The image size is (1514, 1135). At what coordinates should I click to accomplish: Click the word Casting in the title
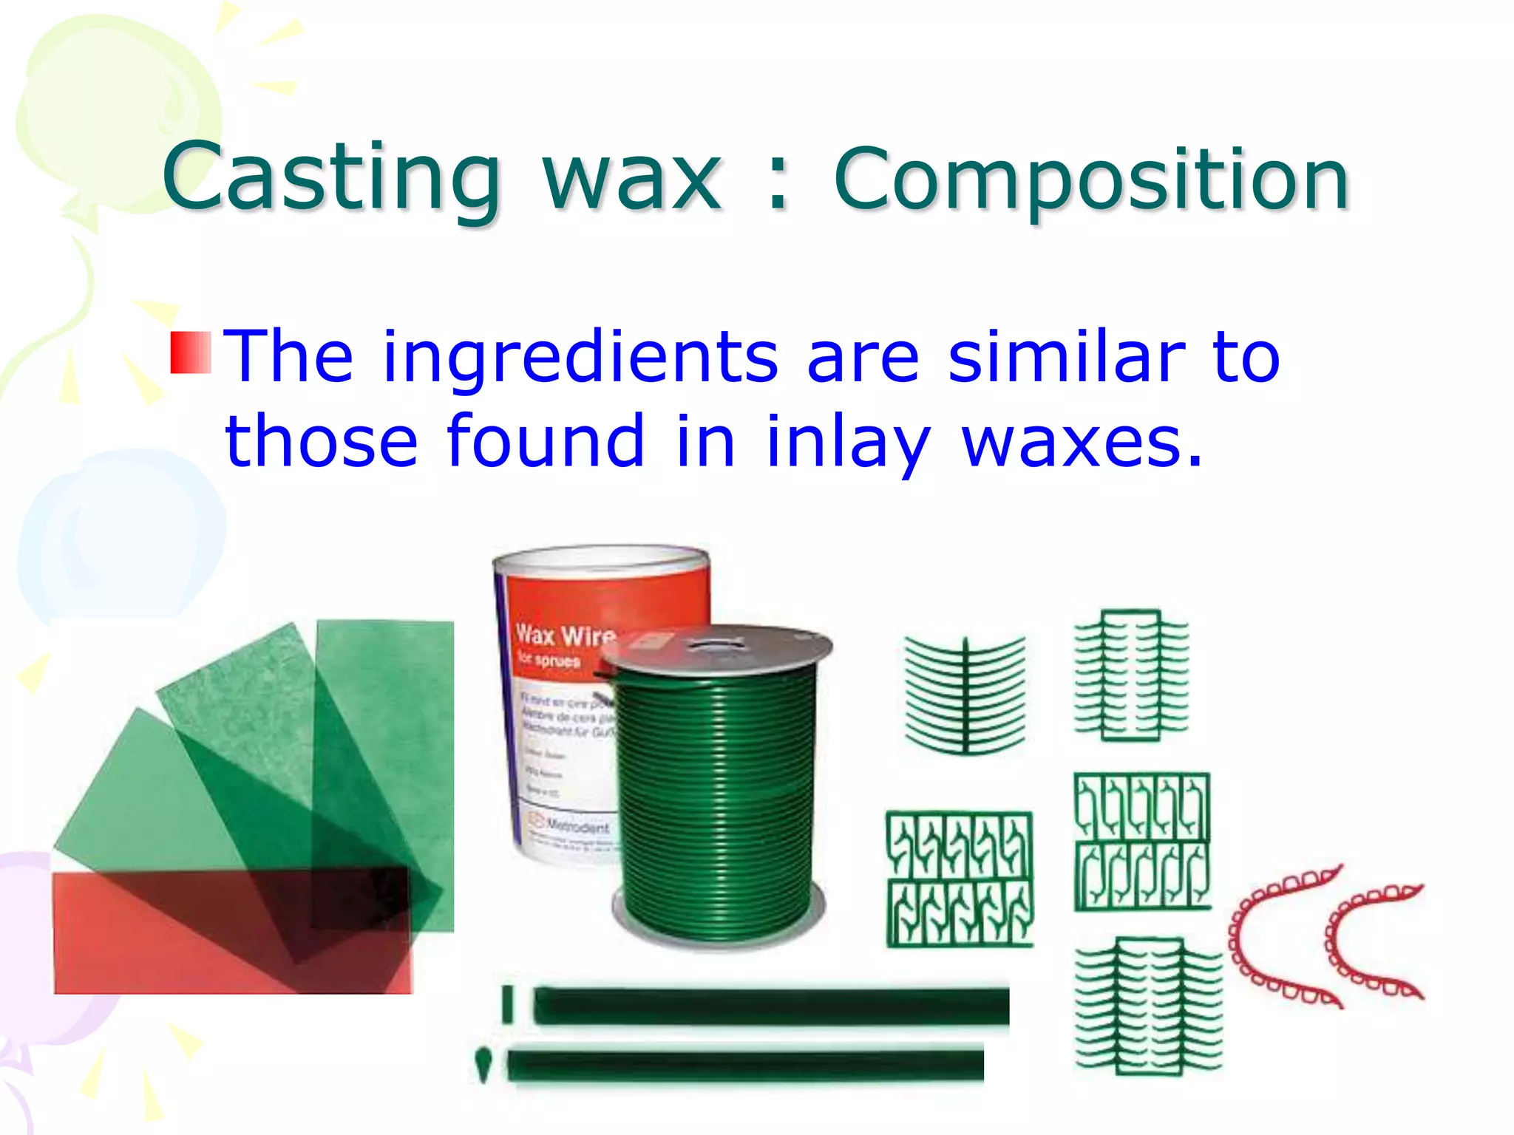(x=331, y=177)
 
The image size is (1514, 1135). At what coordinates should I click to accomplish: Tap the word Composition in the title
(x=1091, y=180)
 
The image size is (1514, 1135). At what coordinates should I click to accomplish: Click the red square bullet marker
(x=191, y=352)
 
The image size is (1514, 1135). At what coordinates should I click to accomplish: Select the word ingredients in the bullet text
(x=580, y=358)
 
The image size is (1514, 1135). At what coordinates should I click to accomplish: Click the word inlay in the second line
(x=846, y=443)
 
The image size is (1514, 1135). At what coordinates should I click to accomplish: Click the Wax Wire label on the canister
(x=565, y=635)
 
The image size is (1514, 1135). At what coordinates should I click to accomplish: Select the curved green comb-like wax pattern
(x=965, y=695)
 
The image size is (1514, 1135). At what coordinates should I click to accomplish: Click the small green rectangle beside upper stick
(x=507, y=1004)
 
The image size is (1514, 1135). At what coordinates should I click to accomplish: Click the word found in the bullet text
(x=546, y=441)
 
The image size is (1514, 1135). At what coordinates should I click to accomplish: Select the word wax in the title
(x=632, y=180)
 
